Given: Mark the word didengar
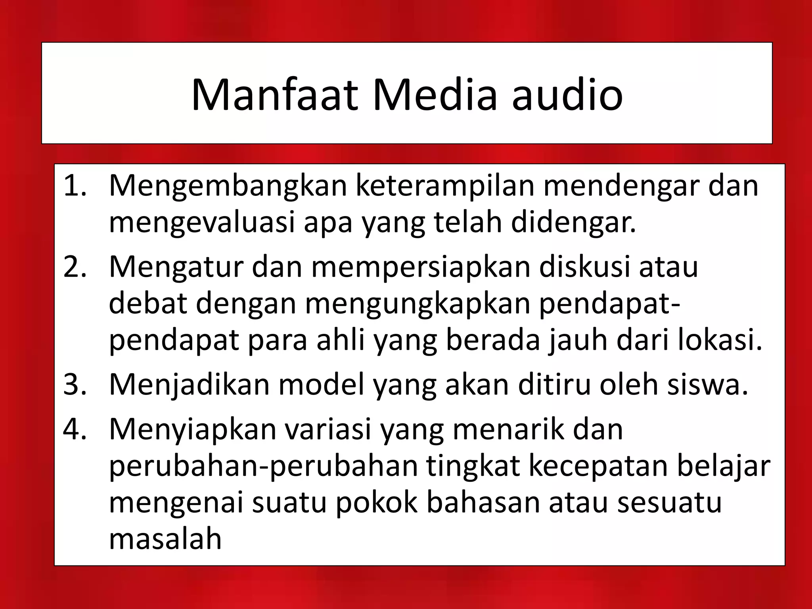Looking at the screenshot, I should click(x=573, y=223).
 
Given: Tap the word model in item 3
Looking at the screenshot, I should click(x=322, y=384).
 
